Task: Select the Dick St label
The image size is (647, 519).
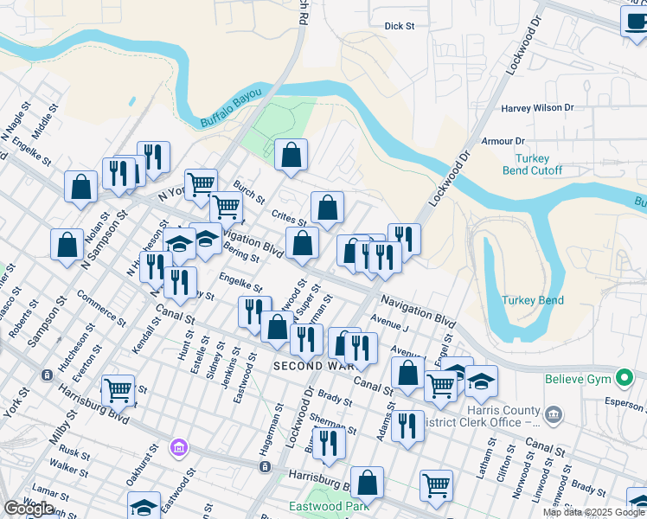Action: tap(400, 27)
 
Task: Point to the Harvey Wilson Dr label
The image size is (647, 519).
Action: tap(537, 108)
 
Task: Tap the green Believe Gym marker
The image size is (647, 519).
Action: tap(622, 379)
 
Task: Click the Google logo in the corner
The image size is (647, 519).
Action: tap(29, 508)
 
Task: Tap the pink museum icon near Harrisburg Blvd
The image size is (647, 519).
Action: tap(178, 447)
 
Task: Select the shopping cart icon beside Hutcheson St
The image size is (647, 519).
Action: tap(118, 389)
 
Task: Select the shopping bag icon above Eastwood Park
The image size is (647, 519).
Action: tap(367, 483)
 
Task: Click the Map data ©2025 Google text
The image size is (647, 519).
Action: tap(593, 512)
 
